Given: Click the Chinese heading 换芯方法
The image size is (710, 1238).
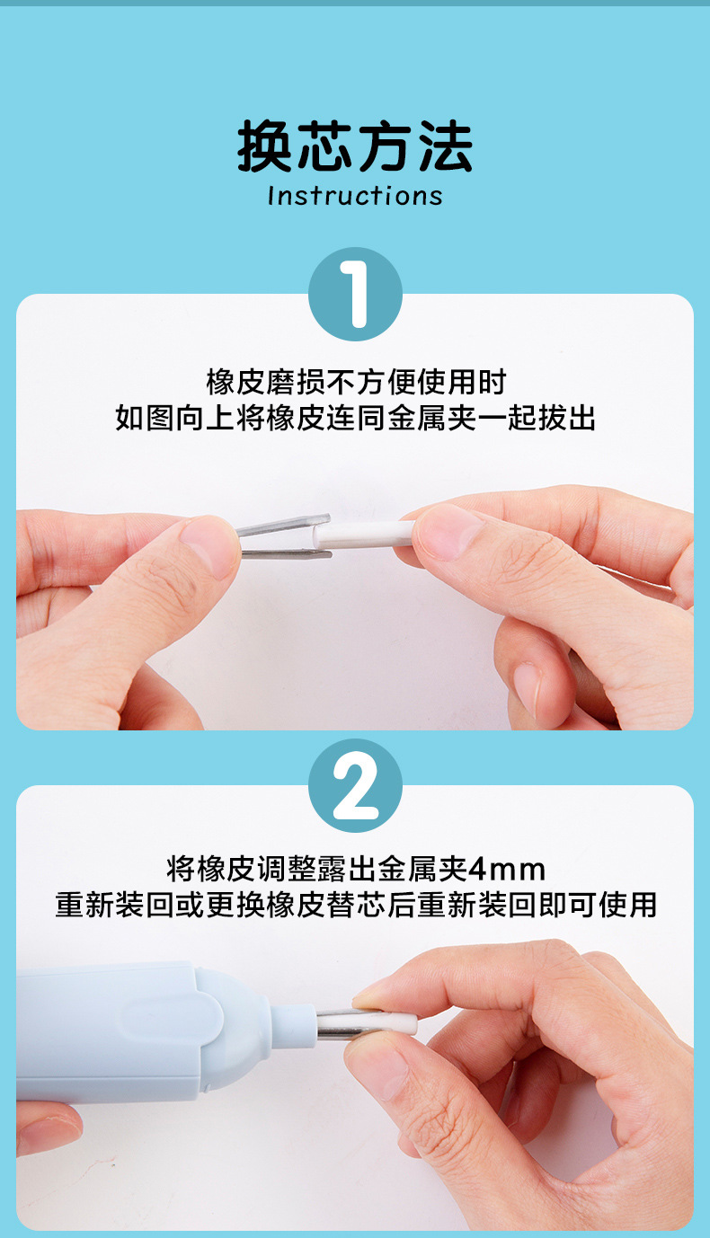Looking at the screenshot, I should coord(355,147).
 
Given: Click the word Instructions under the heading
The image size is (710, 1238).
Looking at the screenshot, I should coord(355,196).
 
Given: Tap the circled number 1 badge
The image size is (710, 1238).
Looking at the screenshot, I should coord(355,295).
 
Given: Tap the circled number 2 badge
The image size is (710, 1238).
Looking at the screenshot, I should coord(355,786).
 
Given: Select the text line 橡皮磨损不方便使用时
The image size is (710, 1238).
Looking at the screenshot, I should coord(355,382).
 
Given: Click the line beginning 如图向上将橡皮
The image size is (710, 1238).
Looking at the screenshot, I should coord(355,418).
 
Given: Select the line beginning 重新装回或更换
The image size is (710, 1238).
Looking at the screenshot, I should coord(355,905).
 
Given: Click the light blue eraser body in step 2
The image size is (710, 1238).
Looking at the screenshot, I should coord(108,1029).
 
